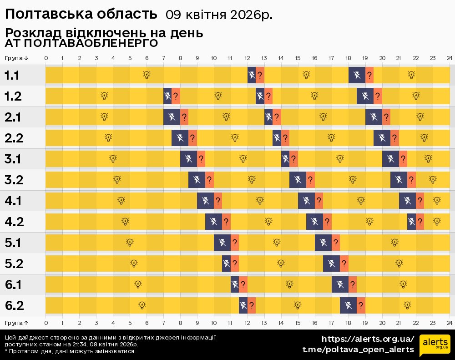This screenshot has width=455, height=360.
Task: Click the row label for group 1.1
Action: click(x=12, y=76)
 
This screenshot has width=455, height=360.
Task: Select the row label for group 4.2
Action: click(x=14, y=222)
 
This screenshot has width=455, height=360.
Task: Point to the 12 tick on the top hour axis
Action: click(x=247, y=58)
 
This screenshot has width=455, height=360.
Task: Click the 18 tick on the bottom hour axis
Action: click(x=348, y=323)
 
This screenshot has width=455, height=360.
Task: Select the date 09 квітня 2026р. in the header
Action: click(x=219, y=15)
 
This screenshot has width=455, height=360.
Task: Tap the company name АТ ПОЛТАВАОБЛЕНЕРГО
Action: click(x=81, y=43)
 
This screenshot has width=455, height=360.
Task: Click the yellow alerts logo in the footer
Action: click(x=435, y=345)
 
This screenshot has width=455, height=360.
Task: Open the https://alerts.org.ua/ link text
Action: click(x=368, y=339)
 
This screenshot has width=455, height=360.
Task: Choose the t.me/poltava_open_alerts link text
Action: click(x=358, y=350)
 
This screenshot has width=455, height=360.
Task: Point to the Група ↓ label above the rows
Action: click(x=17, y=58)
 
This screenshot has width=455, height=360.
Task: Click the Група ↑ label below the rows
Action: click(x=17, y=323)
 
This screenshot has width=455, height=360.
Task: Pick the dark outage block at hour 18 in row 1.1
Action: click(x=357, y=75)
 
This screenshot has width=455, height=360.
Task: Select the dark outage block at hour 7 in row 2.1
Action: click(x=172, y=117)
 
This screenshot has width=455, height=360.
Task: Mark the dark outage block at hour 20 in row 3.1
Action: click(x=390, y=159)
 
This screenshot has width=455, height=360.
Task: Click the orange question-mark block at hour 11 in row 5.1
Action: click(x=235, y=243)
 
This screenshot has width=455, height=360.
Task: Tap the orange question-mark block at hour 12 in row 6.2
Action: click(x=252, y=305)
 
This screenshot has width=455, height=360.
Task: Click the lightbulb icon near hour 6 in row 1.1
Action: click(x=147, y=75)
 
